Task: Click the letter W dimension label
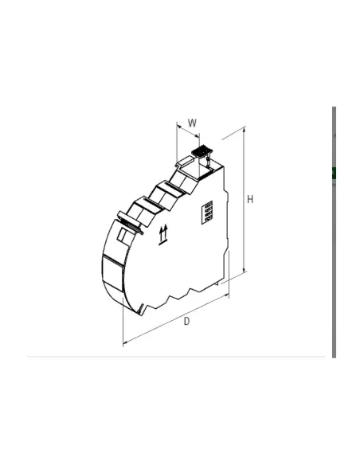(192, 123)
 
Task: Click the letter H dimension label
(250, 199)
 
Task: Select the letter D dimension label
(186, 321)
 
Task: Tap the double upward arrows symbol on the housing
(165, 233)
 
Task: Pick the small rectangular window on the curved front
(124, 235)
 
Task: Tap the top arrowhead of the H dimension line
(244, 132)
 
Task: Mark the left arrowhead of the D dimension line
(124, 344)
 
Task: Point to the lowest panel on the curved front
(112, 274)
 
